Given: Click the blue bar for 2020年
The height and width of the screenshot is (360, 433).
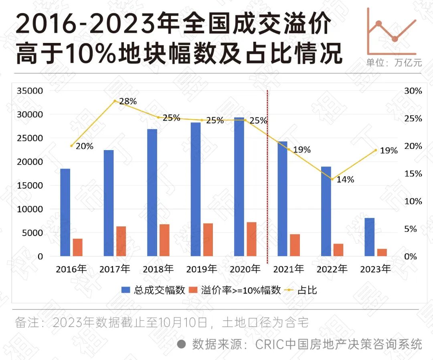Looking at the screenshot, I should (239, 187).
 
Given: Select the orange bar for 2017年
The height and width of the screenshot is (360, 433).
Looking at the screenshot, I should (121, 241).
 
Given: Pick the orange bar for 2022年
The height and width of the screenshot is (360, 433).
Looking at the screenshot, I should (338, 250).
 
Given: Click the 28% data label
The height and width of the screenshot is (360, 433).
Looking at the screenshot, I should (128, 101).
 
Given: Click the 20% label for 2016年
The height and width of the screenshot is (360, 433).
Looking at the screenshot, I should (84, 146).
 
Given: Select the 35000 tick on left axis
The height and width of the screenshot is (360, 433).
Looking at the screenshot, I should (30, 91).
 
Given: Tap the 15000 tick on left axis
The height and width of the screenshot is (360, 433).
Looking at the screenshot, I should (30, 185).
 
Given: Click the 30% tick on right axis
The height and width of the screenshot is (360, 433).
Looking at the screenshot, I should (413, 91).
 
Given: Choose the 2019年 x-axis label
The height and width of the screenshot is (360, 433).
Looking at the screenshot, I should (202, 269).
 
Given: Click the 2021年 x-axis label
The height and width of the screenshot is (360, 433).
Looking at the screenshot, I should (288, 269).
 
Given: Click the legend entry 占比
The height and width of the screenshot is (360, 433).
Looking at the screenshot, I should (307, 290).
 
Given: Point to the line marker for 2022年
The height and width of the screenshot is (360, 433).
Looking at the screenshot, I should (332, 179).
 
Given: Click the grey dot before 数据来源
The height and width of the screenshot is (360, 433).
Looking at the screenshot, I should (181, 344).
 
